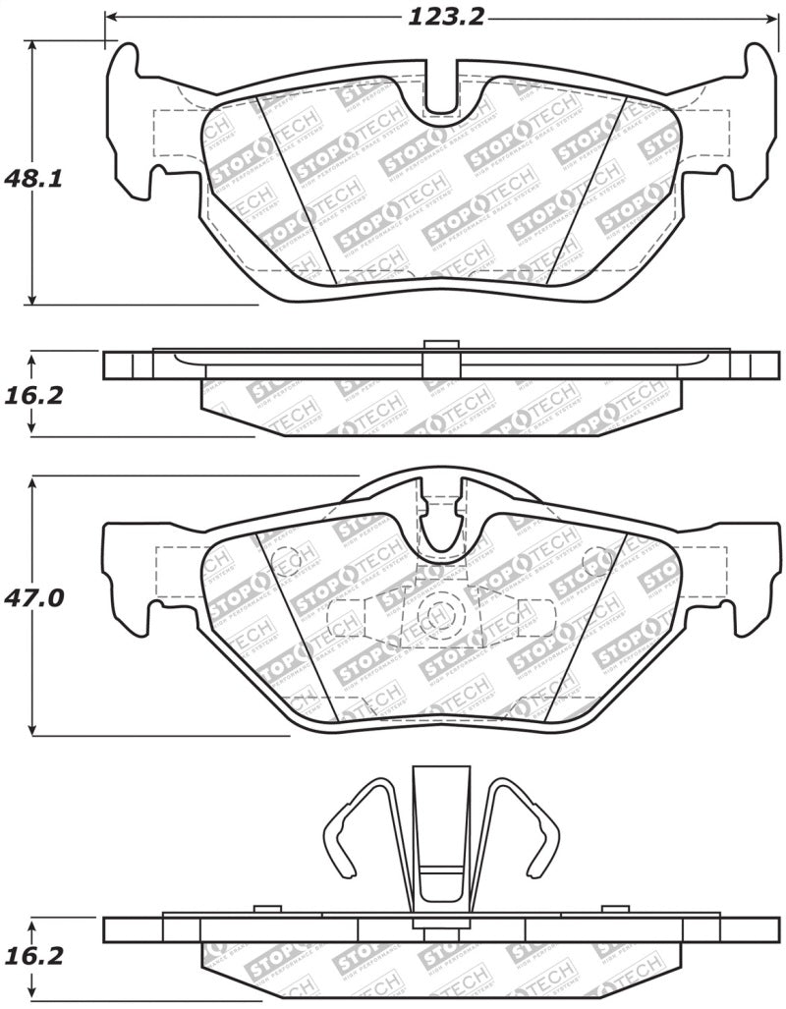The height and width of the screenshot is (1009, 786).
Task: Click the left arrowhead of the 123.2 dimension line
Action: coord(110,18)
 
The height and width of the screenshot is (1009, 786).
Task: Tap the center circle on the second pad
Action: coord(437,615)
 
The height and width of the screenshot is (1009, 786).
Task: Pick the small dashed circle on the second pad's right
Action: coord(596,561)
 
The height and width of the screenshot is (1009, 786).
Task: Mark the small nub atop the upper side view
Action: coord(441,345)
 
